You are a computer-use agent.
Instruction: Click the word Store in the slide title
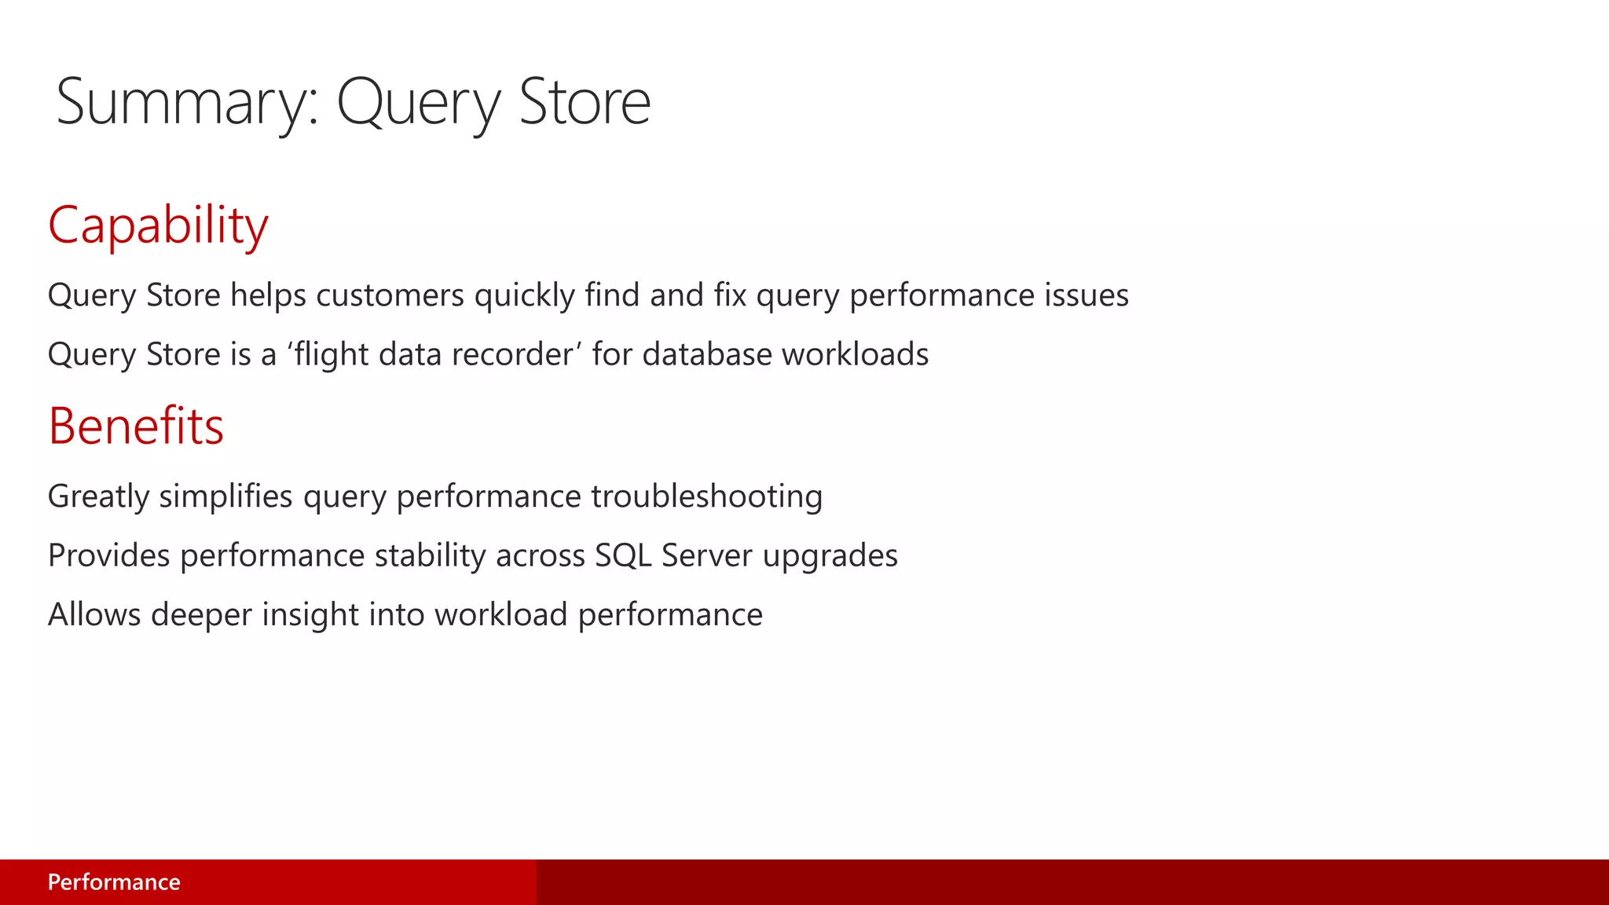(585, 103)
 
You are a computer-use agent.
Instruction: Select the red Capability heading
(158, 225)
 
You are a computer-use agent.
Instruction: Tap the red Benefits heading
(136, 427)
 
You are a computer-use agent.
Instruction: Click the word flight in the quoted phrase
(331, 354)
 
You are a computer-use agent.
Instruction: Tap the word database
(706, 354)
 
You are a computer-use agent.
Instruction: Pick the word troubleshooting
(706, 496)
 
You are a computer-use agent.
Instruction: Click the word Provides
(108, 555)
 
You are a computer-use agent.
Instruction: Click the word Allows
(94, 614)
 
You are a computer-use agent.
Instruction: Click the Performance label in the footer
(114, 882)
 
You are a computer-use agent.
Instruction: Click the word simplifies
(225, 496)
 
